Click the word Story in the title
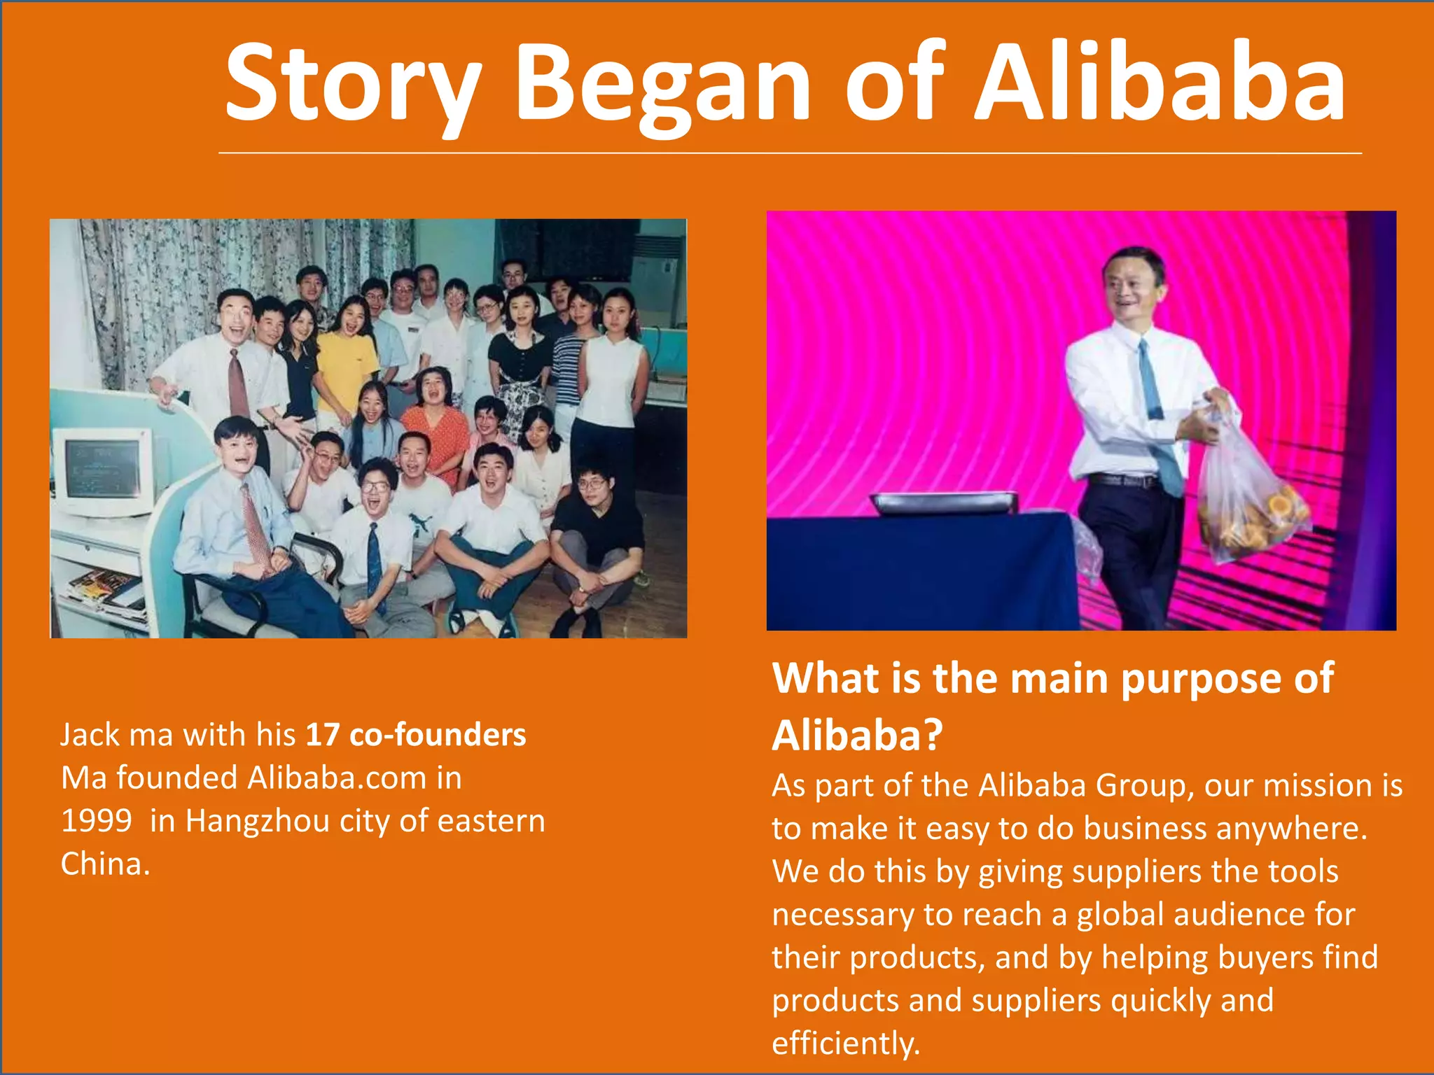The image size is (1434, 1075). [354, 84]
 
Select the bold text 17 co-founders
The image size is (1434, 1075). [416, 735]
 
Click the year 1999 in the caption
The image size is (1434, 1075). [97, 820]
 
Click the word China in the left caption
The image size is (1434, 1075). [105, 864]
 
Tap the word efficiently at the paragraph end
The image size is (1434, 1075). [845, 1043]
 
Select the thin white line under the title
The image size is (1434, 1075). [790, 153]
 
